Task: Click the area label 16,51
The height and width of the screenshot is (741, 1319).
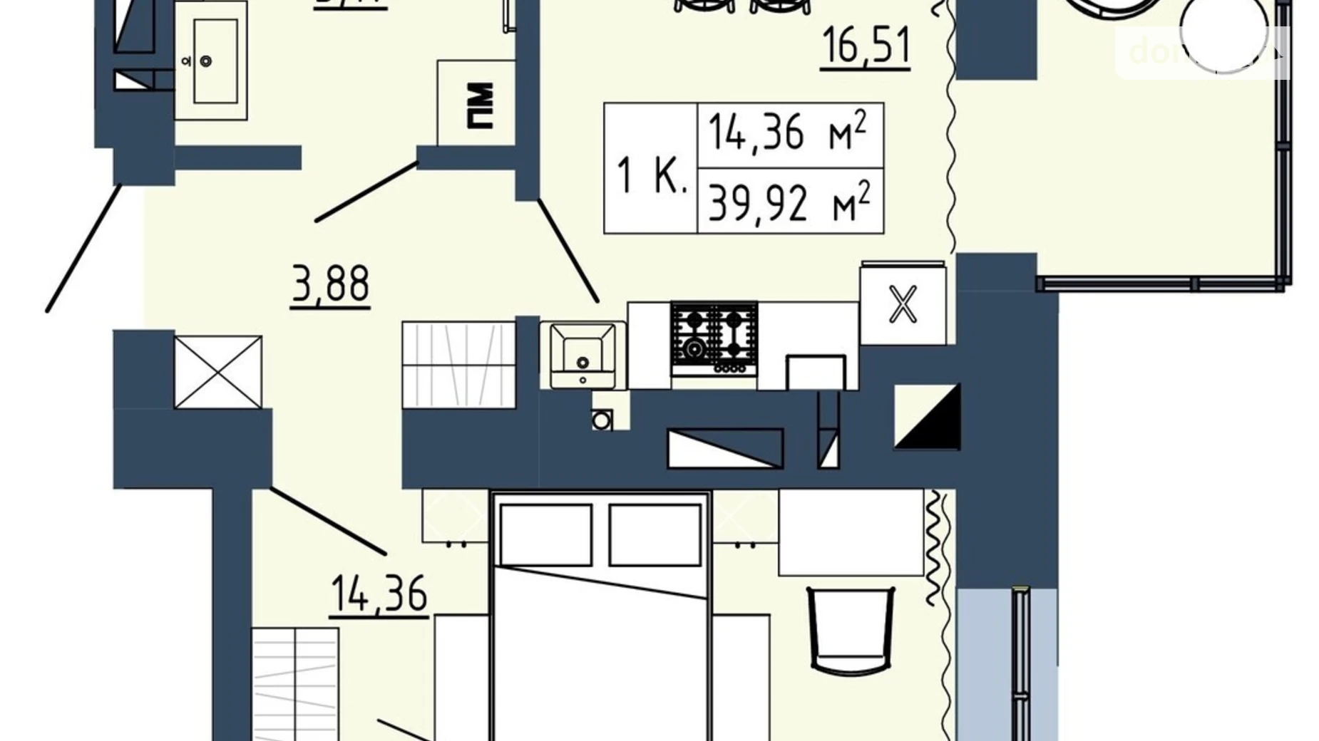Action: point(866,46)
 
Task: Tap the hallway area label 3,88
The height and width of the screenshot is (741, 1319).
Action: point(330,284)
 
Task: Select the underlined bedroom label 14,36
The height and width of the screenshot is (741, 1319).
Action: point(379,594)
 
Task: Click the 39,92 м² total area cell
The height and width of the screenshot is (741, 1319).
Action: point(790,202)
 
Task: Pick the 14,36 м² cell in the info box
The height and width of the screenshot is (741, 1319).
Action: point(790,135)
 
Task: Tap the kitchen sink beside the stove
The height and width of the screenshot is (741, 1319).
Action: point(582,354)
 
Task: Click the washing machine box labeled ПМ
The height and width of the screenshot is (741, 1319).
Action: point(476,104)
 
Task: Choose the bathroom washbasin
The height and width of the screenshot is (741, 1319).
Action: point(210,61)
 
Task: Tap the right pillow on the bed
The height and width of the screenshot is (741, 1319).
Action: point(655,534)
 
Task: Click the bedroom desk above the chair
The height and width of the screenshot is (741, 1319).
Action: point(850,532)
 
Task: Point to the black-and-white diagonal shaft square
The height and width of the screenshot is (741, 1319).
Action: point(927,417)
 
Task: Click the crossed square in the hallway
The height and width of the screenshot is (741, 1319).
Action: point(218,372)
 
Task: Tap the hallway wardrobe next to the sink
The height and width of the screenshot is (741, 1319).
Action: point(458,364)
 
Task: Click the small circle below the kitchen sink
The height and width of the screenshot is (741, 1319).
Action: point(602,420)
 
